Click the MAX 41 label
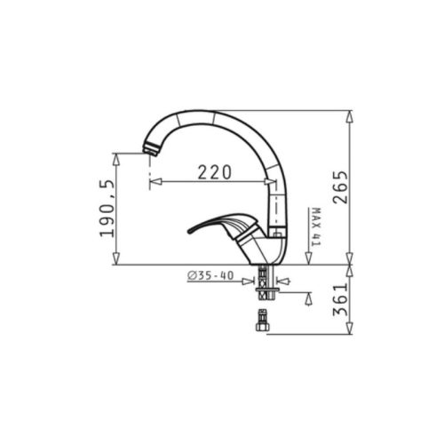pyautogui.click(x=316, y=227)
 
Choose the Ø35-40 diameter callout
pyautogui.click(x=210, y=276)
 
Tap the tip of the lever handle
pyautogui.click(x=189, y=233)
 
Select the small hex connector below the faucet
pyautogui.click(x=262, y=321)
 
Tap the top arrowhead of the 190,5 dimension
pyautogui.click(x=115, y=156)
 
